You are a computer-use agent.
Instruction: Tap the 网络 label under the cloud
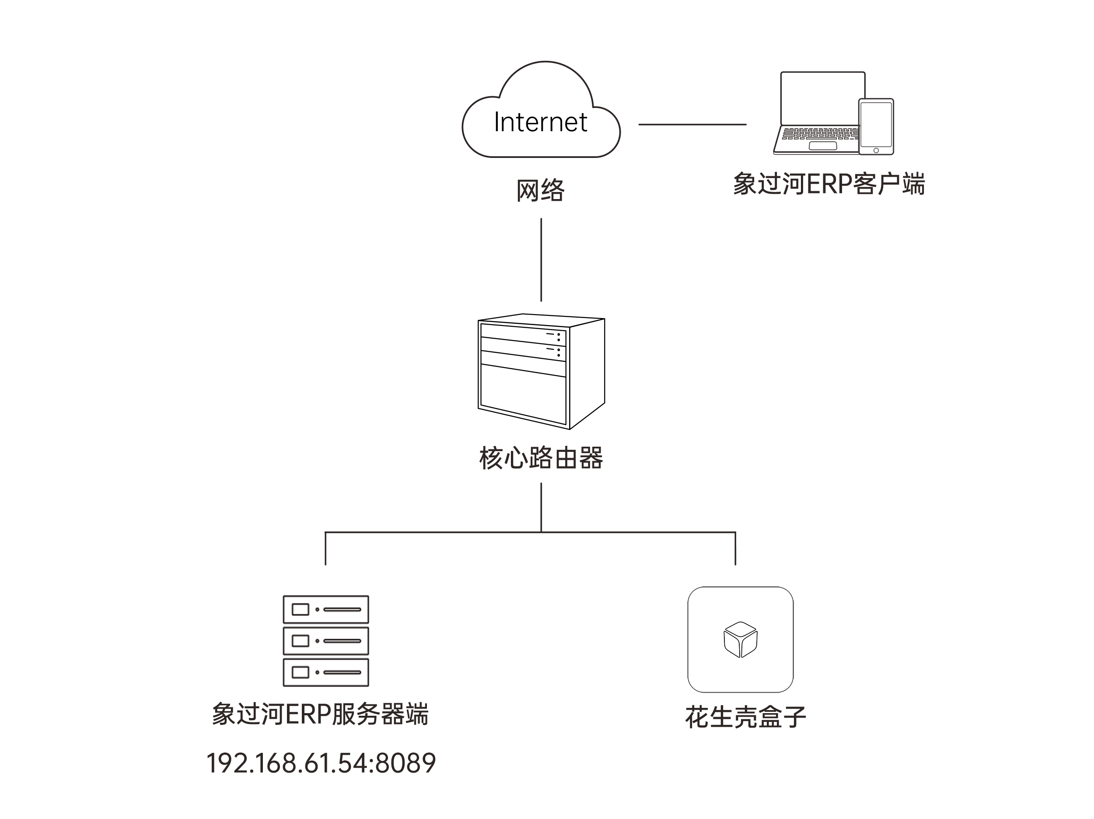[x=541, y=190]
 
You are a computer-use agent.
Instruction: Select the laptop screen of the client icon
[x=822, y=98]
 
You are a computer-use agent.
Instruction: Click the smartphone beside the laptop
[x=876, y=126]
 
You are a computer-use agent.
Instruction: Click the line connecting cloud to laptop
[x=692, y=125]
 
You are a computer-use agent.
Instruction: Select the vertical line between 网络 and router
[x=541, y=259]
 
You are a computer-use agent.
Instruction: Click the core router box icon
[x=541, y=371]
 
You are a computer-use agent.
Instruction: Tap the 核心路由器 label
[x=541, y=458]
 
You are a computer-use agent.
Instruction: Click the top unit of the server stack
[x=326, y=609]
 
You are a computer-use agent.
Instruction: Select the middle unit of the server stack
[x=326, y=641]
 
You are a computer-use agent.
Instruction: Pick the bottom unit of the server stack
[x=326, y=672]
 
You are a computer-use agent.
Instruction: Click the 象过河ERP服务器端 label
[x=321, y=714]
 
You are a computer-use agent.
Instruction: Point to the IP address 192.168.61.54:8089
[x=321, y=763]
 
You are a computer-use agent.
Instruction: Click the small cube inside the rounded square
[x=741, y=640]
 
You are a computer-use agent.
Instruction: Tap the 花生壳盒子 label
[x=745, y=717]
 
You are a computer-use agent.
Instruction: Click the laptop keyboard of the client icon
[x=820, y=133]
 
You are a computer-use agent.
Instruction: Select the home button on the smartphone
[x=876, y=150]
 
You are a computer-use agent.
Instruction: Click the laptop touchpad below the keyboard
[x=822, y=146]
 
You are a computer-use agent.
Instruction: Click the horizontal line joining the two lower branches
[x=530, y=532]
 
